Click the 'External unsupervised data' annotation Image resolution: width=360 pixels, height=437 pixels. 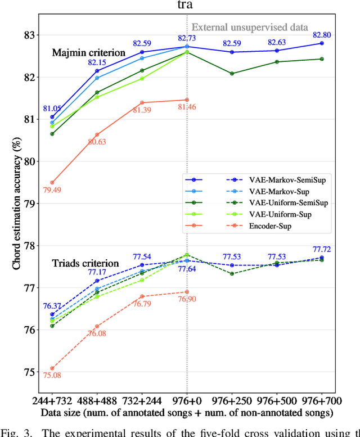(250, 26)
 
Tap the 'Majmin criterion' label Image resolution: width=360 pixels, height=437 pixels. (88, 53)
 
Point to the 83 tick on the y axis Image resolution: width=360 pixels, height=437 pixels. (28, 35)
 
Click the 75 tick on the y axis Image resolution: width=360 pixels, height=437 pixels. (28, 371)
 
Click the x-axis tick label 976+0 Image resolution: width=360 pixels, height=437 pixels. (187, 402)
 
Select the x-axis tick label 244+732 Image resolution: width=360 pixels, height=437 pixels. (52, 402)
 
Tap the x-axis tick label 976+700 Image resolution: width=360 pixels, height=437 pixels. (321, 402)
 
